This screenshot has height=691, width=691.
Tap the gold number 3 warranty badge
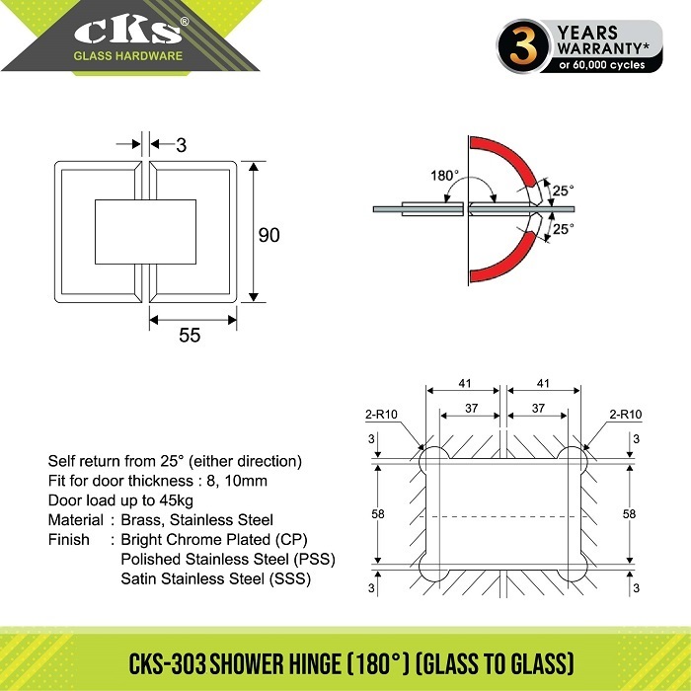(x=524, y=46)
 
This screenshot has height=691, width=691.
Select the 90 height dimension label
(x=269, y=235)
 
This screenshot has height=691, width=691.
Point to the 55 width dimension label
(x=190, y=336)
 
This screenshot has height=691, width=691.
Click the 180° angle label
(x=444, y=176)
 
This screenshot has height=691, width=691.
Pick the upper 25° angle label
(x=564, y=191)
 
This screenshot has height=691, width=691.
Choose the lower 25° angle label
(x=564, y=229)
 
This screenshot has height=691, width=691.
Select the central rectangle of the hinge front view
(x=145, y=232)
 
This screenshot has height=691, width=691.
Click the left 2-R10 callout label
(x=381, y=415)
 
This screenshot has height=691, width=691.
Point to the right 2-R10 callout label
(x=625, y=415)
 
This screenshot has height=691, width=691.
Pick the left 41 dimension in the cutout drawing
(x=465, y=383)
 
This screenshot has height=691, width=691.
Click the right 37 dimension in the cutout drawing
(x=538, y=408)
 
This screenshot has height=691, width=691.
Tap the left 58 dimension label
(x=378, y=514)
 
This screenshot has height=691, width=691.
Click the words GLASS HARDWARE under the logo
(x=127, y=55)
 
